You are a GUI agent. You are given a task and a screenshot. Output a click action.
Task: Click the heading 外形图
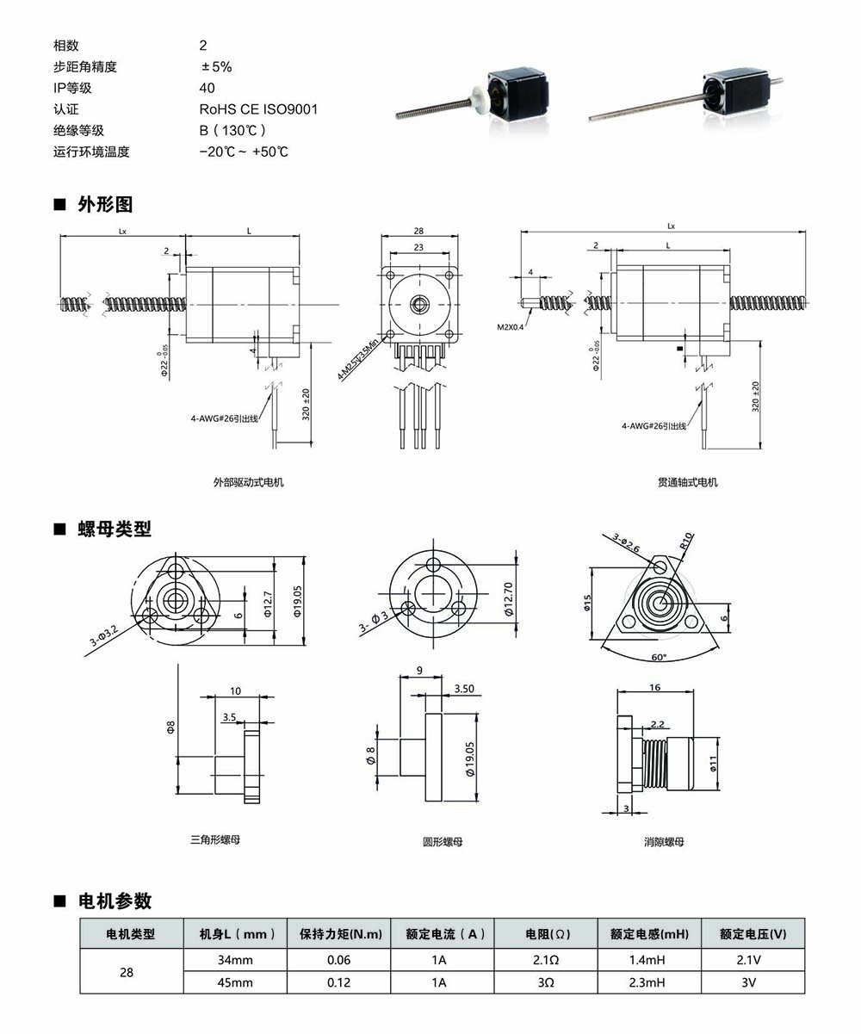click(x=105, y=205)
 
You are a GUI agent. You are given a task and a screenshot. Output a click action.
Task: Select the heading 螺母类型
click(x=115, y=529)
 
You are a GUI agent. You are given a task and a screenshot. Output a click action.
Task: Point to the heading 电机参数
click(x=115, y=901)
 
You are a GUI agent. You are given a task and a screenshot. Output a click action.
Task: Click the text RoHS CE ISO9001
click(x=258, y=109)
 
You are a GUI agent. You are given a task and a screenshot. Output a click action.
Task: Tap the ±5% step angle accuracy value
click(x=216, y=66)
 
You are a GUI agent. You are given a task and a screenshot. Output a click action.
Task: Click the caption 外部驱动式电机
click(x=248, y=482)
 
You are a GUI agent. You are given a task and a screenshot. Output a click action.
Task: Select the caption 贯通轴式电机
click(x=687, y=482)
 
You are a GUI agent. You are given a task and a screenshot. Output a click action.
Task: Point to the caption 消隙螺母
click(x=664, y=842)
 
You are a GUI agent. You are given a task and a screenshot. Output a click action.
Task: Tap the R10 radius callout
click(x=686, y=542)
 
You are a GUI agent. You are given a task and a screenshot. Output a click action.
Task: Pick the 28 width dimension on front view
click(x=418, y=232)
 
